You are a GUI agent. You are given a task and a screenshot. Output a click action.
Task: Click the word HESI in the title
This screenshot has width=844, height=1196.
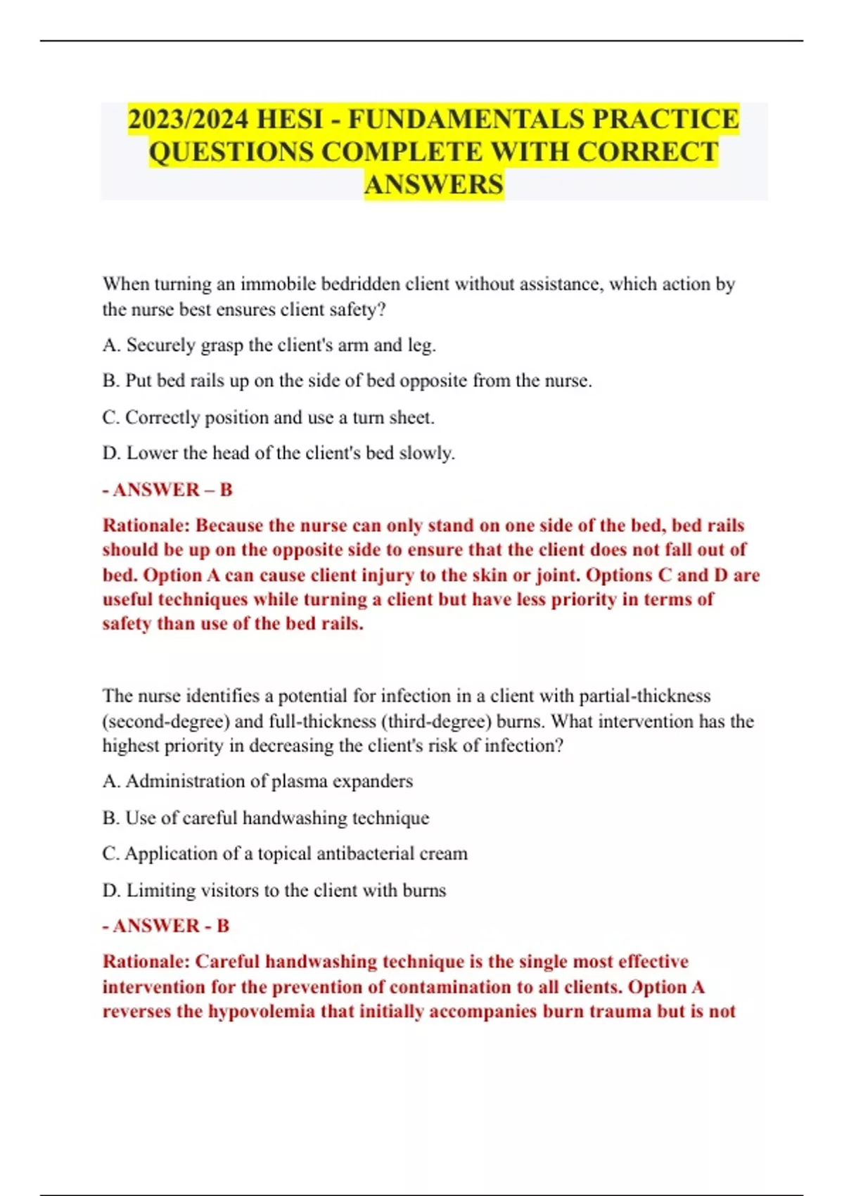click(289, 120)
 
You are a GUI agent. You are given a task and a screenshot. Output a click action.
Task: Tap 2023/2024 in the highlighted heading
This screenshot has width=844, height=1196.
click(188, 120)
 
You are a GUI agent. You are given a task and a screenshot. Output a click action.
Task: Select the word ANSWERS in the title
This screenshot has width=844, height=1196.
click(434, 184)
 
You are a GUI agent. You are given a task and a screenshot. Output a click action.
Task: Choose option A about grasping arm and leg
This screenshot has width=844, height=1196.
click(269, 345)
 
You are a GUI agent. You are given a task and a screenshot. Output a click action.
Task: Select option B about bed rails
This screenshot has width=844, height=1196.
click(347, 381)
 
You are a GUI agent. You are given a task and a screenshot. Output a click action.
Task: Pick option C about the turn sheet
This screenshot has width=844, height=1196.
click(268, 418)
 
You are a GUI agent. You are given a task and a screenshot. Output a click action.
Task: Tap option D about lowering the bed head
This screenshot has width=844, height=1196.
click(279, 453)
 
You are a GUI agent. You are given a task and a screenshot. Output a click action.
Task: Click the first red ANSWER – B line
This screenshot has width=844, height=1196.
click(167, 490)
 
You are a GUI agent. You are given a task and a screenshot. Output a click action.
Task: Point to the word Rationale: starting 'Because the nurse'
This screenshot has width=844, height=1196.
click(146, 526)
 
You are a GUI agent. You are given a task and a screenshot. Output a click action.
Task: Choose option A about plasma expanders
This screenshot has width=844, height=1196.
click(257, 782)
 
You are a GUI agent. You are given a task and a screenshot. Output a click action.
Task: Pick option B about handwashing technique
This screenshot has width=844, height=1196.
click(265, 818)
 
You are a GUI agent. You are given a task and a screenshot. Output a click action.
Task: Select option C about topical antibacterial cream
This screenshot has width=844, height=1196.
click(285, 854)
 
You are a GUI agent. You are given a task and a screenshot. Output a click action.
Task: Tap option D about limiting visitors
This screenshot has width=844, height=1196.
click(274, 891)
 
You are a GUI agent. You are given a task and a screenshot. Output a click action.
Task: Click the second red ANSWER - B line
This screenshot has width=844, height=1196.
click(166, 926)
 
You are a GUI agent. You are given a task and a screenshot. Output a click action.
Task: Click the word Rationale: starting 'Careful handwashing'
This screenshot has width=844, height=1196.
click(146, 962)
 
